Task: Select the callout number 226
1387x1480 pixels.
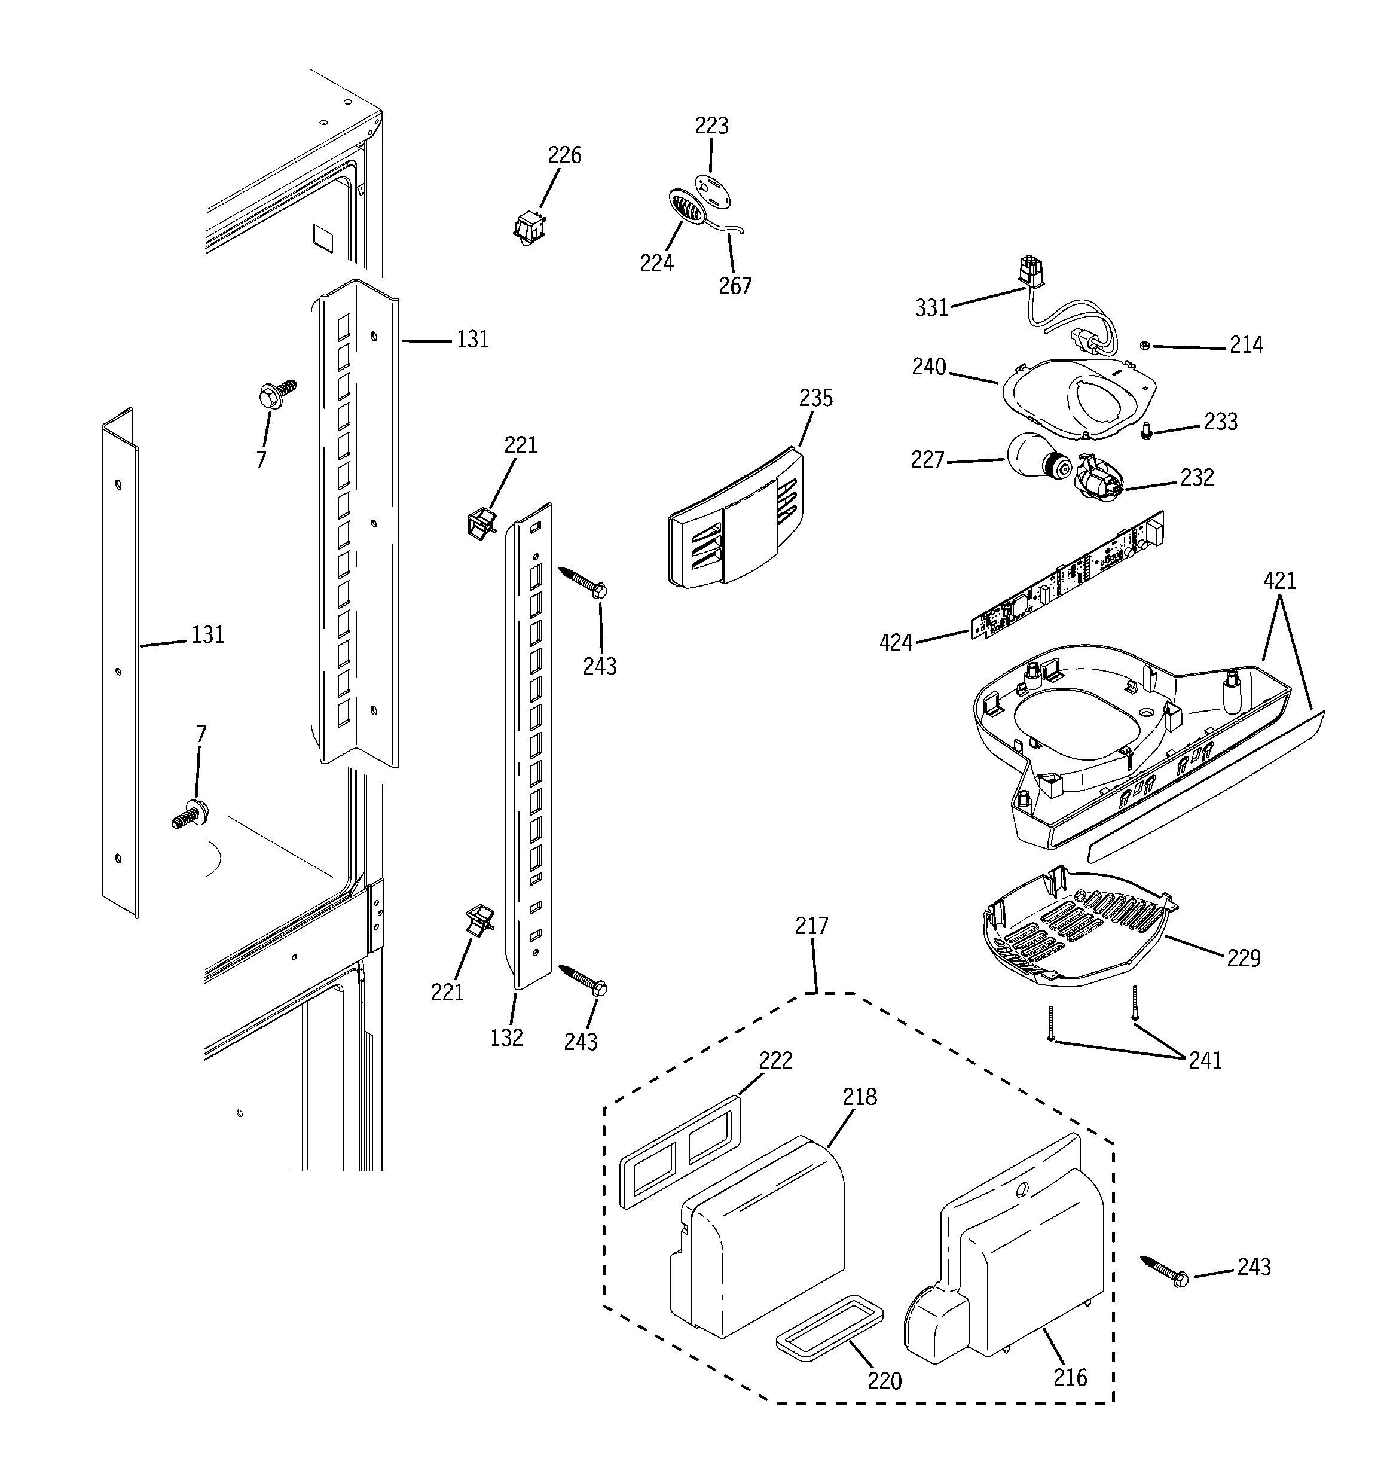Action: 564,155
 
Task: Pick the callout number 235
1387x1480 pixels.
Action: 816,398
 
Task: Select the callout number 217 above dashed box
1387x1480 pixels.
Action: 811,926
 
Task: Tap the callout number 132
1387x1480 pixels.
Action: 506,1037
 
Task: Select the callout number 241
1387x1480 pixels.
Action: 1205,1060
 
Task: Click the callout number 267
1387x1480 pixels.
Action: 735,286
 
